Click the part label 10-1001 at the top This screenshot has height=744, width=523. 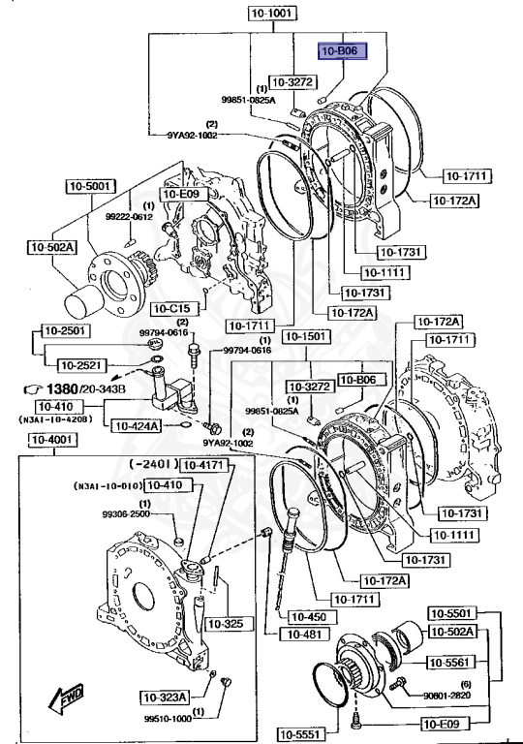tap(273, 15)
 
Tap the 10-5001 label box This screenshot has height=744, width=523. tap(90, 186)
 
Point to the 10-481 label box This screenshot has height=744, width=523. tap(298, 635)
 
